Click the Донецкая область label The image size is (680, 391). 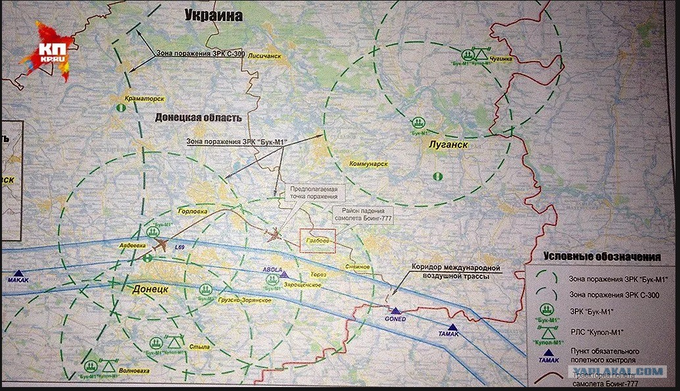pos(198,118)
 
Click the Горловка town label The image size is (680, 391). pos(193,212)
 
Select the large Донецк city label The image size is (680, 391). pos(151,290)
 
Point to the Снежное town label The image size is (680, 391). pos(357,267)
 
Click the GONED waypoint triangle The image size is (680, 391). pos(395,311)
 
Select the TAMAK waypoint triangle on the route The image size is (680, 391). pos(452,327)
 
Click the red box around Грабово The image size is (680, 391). pos(318,241)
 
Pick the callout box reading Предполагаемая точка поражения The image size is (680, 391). pos(314,192)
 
